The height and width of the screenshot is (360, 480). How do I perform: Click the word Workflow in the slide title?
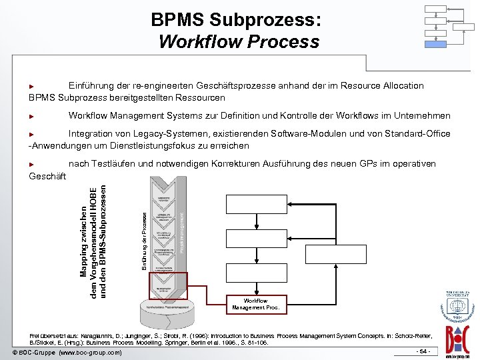[200, 42]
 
